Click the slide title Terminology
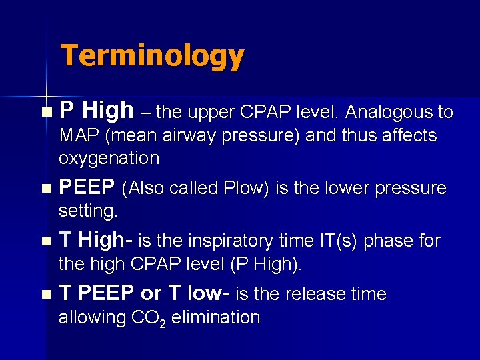coord(153,57)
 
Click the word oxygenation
coord(109,159)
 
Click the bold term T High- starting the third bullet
coord(91,239)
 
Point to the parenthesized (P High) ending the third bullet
coord(266,264)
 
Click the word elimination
coord(216,317)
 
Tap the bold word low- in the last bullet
coord(204,293)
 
